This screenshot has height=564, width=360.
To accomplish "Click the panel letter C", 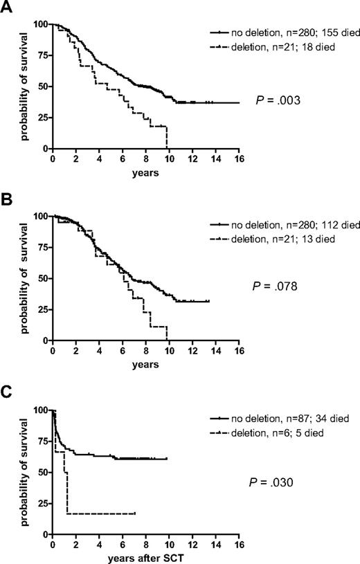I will coord(7,392).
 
